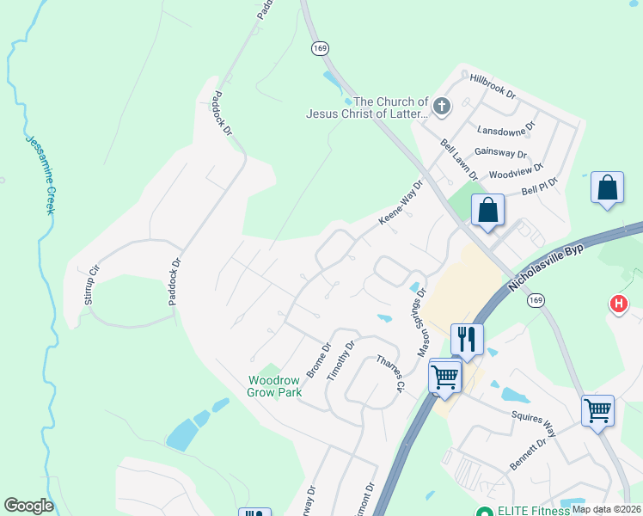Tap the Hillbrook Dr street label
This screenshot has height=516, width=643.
point(493,85)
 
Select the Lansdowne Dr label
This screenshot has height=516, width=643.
point(506,130)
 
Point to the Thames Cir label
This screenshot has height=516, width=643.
point(388,374)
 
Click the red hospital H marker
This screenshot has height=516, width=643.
point(618,304)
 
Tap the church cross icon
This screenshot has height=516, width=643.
point(441,107)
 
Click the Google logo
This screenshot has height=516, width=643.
point(28,506)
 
